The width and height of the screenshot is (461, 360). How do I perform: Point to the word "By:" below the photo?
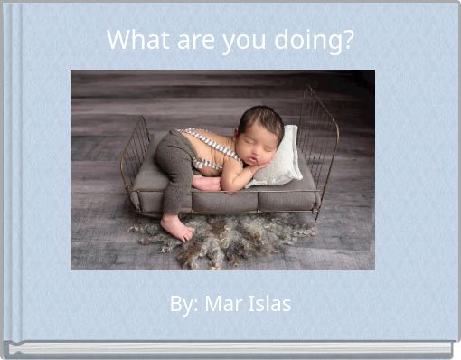pos(184,304)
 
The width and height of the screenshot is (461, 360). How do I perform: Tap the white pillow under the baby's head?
pos(282,159)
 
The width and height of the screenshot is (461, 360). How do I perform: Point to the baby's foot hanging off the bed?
pos(175,227)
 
